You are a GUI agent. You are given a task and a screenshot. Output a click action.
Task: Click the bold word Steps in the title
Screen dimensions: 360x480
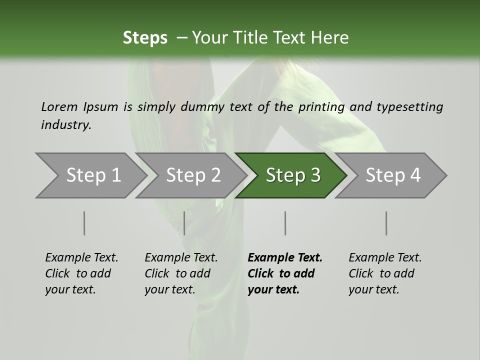[145, 38]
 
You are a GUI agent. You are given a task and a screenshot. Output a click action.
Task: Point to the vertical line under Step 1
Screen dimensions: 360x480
[84, 223]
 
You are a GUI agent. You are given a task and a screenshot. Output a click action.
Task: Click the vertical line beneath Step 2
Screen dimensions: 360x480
[184, 223]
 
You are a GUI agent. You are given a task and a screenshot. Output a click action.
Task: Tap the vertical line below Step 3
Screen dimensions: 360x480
[285, 223]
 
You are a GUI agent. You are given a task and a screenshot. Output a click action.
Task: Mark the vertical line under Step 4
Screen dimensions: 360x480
[386, 223]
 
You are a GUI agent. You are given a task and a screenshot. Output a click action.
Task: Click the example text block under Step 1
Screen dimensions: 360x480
[81, 273]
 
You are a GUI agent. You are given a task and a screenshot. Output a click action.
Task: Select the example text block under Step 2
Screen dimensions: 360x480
[181, 273]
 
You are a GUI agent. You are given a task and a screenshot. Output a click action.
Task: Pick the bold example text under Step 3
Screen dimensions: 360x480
[284, 273]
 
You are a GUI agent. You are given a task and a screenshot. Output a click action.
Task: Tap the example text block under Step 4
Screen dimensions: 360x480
[385, 273]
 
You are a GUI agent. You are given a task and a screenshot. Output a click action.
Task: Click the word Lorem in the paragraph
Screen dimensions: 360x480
[59, 107]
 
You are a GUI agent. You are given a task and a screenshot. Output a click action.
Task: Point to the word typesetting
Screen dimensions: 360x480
[409, 107]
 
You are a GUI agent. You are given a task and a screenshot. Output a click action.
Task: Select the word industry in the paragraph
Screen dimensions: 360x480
[65, 125]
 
